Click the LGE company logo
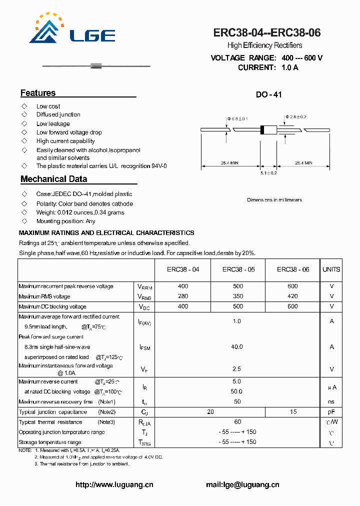(x=72, y=30)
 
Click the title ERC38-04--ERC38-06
(x=267, y=33)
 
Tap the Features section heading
(x=38, y=93)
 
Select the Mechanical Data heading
(x=53, y=179)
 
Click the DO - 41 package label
(x=269, y=94)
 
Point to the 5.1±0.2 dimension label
(x=268, y=173)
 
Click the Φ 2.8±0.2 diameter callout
(x=295, y=117)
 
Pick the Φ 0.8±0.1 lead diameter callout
(x=237, y=118)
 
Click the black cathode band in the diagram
(x=262, y=129)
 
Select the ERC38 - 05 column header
(x=238, y=269)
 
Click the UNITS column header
(x=331, y=269)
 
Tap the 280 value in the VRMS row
(x=183, y=296)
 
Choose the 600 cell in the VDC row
(x=293, y=306)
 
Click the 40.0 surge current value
(x=237, y=346)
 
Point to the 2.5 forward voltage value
(x=237, y=369)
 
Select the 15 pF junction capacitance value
(x=293, y=412)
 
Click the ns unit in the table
(x=331, y=401)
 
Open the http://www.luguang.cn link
(x=114, y=484)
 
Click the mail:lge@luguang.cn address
(x=242, y=484)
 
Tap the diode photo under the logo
(x=95, y=65)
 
